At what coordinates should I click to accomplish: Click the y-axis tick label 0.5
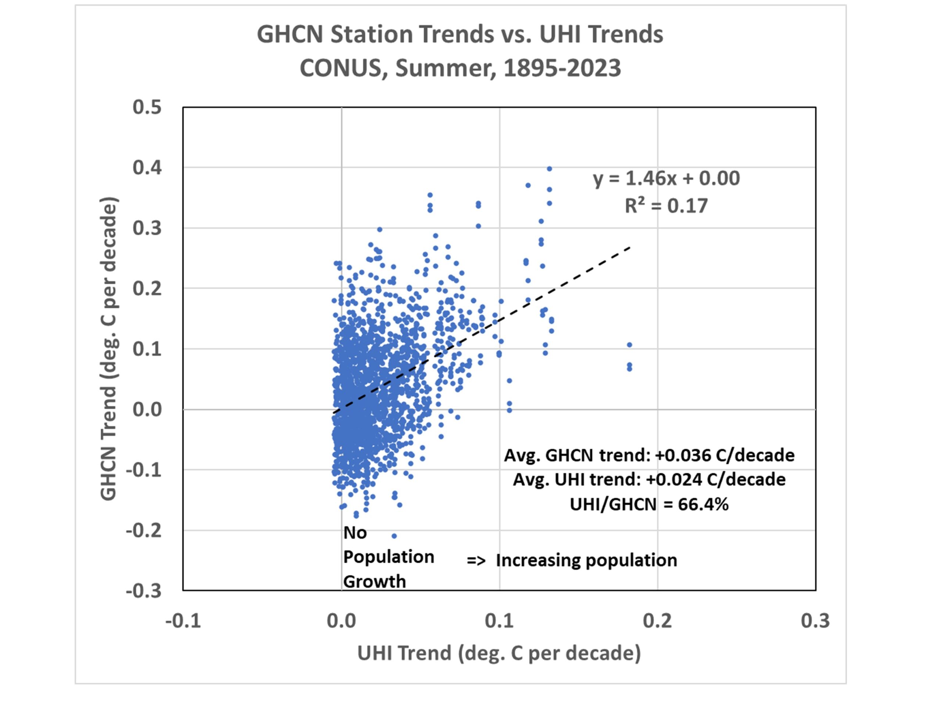click(147, 107)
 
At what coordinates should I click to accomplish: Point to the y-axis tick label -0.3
click(144, 591)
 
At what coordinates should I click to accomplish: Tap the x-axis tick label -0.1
click(183, 621)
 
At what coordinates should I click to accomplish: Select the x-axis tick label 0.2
click(657, 621)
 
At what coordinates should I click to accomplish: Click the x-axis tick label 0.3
click(815, 621)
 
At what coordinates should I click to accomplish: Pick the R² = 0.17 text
click(666, 206)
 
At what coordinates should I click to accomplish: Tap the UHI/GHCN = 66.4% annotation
click(649, 504)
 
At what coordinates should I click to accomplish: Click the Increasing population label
click(586, 560)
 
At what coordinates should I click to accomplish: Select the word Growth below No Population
click(374, 582)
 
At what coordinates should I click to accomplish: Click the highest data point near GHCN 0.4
click(549, 169)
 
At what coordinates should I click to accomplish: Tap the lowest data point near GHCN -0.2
click(394, 536)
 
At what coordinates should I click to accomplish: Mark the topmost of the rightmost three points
click(630, 345)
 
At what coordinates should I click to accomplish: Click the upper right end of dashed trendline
click(630, 247)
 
